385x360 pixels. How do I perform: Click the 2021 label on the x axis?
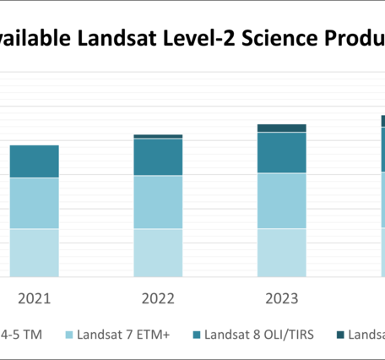coord(35,298)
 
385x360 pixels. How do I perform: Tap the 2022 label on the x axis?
coord(158,298)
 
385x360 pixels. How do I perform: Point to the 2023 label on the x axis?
coord(281,298)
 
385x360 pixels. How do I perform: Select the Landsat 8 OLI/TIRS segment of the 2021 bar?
coord(35,161)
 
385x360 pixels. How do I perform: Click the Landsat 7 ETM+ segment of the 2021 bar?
coord(35,203)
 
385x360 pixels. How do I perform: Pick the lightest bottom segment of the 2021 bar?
coord(35,252)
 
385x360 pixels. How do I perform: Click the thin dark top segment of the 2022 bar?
coord(158,136)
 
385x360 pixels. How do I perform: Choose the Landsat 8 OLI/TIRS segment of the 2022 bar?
coord(158,156)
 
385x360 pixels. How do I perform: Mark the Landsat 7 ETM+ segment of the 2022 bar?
coord(158,201)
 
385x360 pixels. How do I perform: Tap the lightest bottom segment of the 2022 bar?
coord(158,252)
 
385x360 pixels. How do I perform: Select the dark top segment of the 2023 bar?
coord(281,128)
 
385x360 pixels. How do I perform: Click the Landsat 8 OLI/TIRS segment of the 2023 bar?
coord(281,153)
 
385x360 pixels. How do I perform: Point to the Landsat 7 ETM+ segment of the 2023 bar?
coord(281,200)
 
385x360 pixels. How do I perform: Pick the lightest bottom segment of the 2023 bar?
coord(281,252)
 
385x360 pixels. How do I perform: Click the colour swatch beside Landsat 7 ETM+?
coord(68,335)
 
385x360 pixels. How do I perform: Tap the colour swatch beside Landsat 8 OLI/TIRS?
coord(199,335)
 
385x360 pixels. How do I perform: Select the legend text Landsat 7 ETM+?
coord(124,335)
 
